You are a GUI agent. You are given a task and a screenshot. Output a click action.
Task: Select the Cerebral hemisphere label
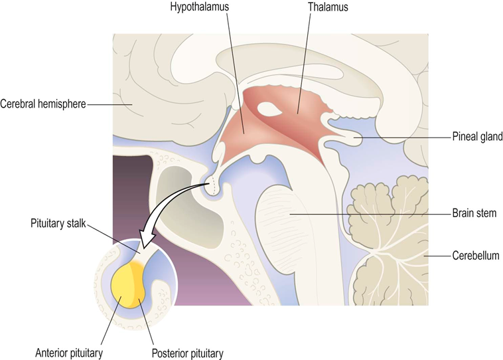(x=43, y=104)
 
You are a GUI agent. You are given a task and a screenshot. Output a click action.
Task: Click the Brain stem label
(x=474, y=213)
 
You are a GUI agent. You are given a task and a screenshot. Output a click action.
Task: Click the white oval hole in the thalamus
(x=269, y=107)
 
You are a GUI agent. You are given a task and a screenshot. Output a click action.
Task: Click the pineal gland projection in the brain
(x=350, y=138)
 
